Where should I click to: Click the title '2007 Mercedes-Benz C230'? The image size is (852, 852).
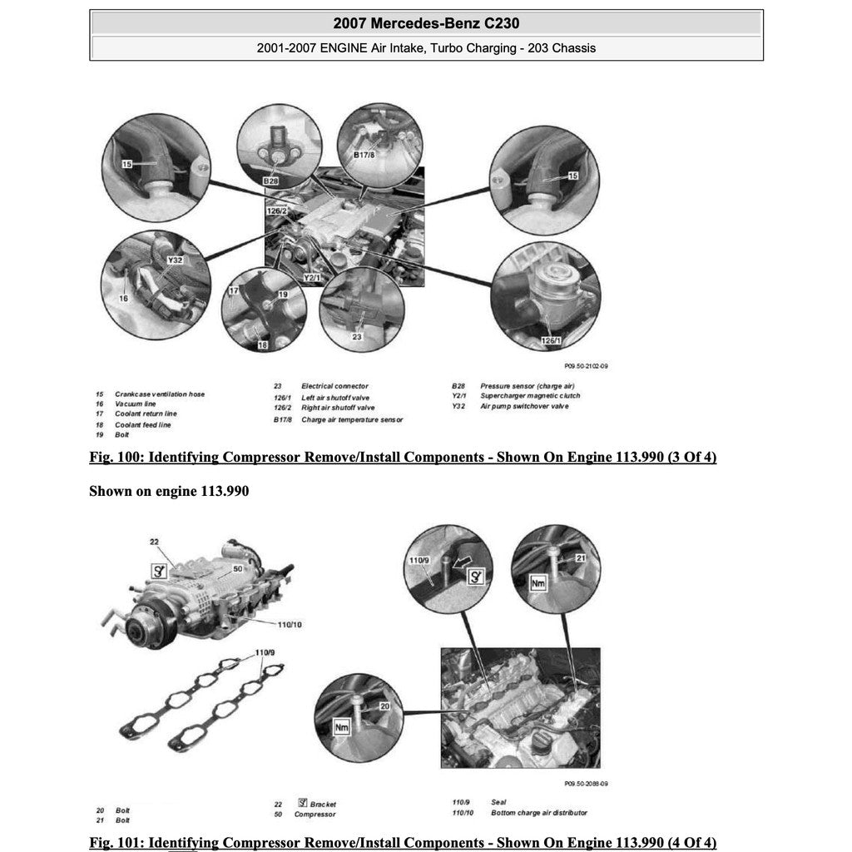tap(426, 22)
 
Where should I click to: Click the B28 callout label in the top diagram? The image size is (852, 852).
tap(270, 180)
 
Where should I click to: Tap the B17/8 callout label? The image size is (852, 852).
tap(364, 155)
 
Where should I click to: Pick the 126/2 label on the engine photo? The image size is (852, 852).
tap(276, 211)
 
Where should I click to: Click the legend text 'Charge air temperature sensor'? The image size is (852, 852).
tap(352, 419)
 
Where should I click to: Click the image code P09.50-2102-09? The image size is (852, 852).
tap(586, 366)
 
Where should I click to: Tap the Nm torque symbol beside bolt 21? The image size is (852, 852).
tap(537, 584)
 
